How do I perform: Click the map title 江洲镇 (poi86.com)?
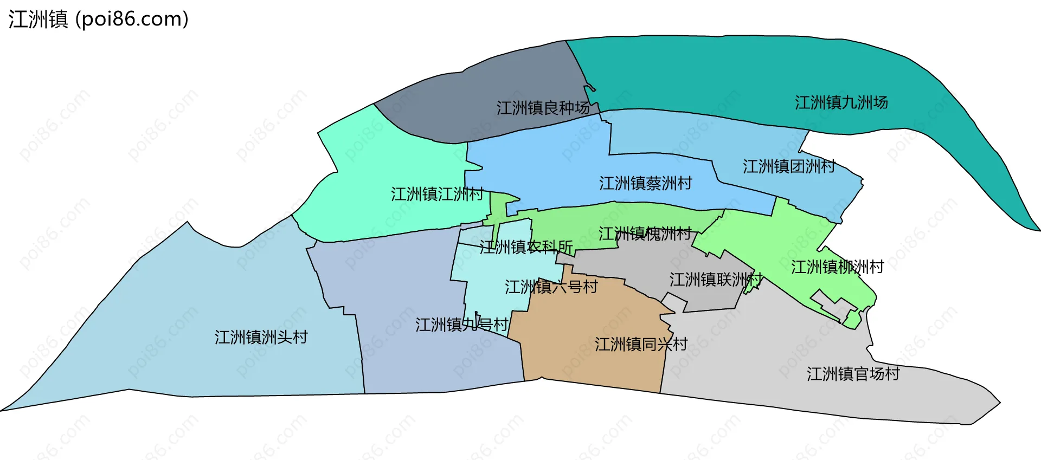click(x=98, y=19)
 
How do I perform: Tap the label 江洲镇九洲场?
click(x=841, y=102)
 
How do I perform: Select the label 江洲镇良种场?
click(x=543, y=108)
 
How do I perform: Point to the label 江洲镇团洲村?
click(x=788, y=166)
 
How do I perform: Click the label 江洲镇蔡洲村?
click(x=645, y=183)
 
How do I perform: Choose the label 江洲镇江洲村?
click(x=437, y=194)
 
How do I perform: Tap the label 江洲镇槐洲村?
click(x=645, y=234)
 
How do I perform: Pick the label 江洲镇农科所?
click(x=526, y=247)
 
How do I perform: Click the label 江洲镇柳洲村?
click(x=837, y=267)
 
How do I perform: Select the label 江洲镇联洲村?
click(x=716, y=280)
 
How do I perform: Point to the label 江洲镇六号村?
click(x=551, y=287)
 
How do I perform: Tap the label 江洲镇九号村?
click(x=461, y=325)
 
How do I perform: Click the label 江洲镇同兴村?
click(x=641, y=344)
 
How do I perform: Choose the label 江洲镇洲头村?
click(x=261, y=337)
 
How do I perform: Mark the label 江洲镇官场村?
click(x=853, y=374)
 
